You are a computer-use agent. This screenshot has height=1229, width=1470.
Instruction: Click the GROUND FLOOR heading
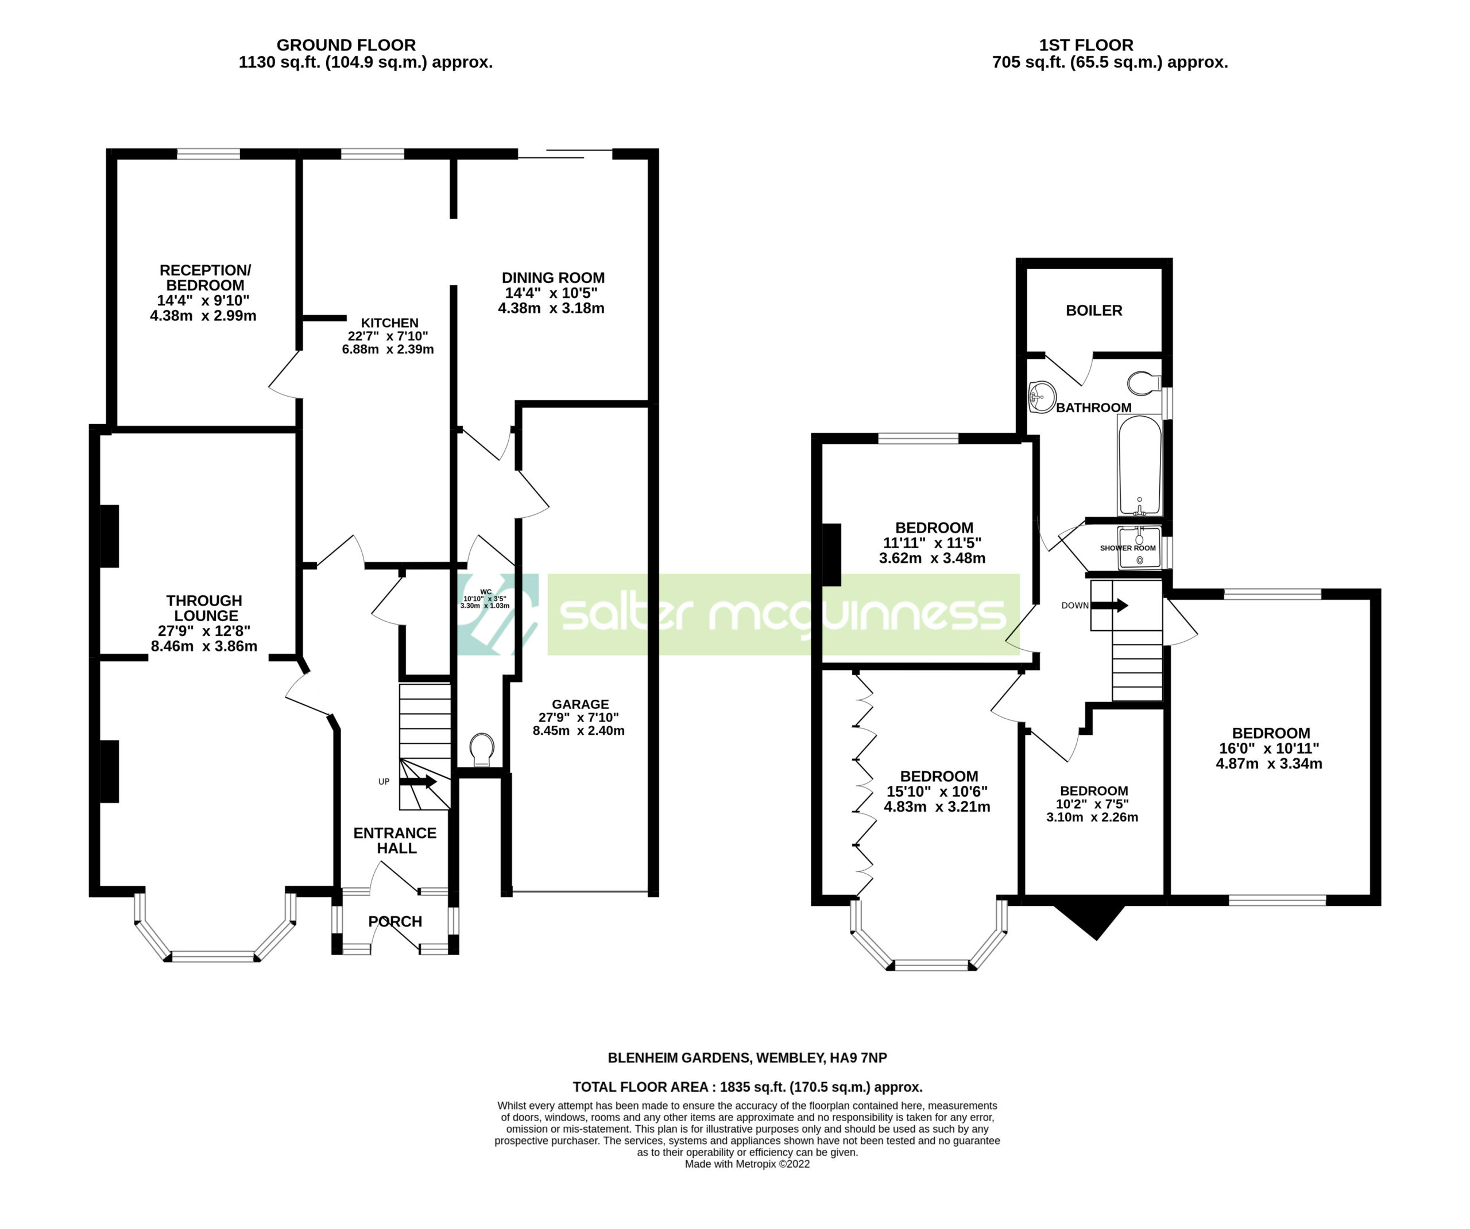[x=346, y=45]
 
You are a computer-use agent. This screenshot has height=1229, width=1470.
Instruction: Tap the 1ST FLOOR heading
[x=1086, y=45]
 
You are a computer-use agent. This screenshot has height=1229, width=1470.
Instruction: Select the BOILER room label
[x=1094, y=310]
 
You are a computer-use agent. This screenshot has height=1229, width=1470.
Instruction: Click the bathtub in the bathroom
[x=1140, y=466]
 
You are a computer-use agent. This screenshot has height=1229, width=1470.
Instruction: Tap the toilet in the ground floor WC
[x=482, y=750]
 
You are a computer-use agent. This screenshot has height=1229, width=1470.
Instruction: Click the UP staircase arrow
[x=419, y=782]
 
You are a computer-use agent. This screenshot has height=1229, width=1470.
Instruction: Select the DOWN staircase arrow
[x=1109, y=604]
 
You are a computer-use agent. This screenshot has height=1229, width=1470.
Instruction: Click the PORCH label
[x=395, y=922]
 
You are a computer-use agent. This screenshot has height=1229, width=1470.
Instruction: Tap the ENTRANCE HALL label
[x=395, y=840]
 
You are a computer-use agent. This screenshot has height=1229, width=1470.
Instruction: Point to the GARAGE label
[x=581, y=704]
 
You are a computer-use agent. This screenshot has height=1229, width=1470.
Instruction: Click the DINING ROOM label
[x=553, y=278]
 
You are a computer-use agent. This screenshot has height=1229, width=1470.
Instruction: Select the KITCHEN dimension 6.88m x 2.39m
[x=388, y=349]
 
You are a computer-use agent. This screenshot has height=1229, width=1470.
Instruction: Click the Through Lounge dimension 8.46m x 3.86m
[x=204, y=646]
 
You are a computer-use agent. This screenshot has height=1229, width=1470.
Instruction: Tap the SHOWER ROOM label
[x=1128, y=548]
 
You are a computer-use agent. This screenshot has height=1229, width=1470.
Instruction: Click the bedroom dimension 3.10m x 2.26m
[x=1092, y=817]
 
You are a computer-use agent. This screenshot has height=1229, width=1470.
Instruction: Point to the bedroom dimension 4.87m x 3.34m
[x=1269, y=763]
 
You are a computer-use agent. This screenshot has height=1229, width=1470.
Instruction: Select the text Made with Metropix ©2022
[x=747, y=1164]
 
